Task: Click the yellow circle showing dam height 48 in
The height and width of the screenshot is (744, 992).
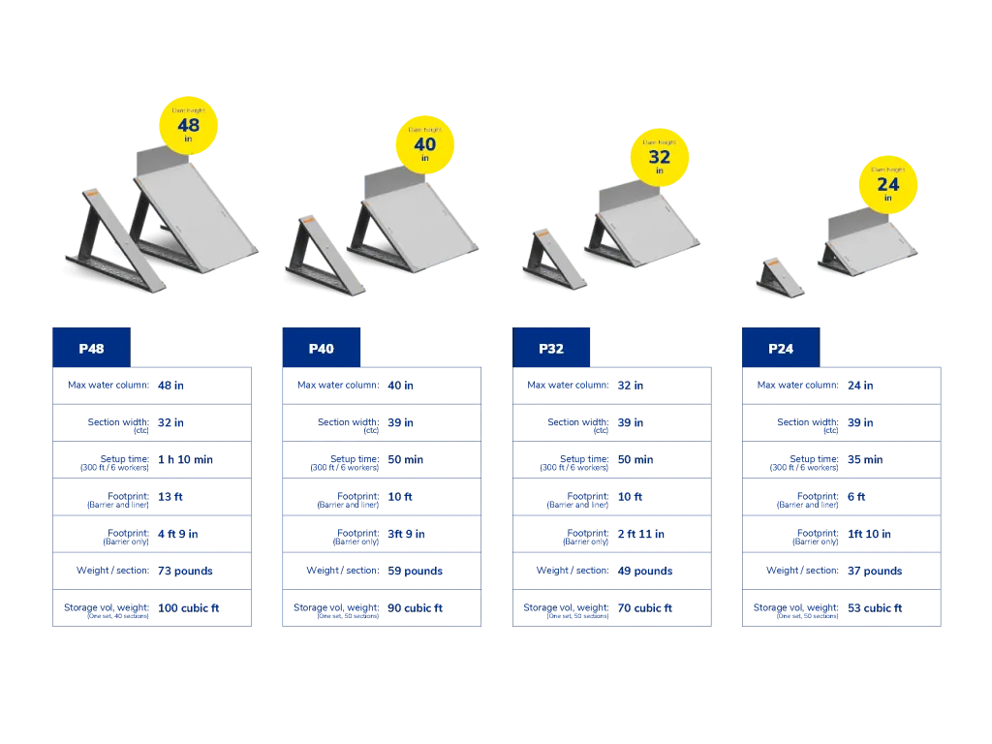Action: pos(188,126)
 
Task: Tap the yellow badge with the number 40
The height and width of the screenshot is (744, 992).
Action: pos(424,145)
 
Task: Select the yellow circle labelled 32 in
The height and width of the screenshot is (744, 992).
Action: pos(659,157)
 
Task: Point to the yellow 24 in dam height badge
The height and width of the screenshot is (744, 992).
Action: pos(887,184)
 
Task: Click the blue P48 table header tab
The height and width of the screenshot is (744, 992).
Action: pos(91,348)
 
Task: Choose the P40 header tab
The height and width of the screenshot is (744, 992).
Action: pos(322,348)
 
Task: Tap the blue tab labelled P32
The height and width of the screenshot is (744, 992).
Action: pos(551,348)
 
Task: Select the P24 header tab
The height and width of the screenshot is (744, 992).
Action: pos(781,348)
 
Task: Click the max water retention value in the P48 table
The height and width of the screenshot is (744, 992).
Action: pos(171,387)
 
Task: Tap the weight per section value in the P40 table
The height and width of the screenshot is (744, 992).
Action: pos(418,572)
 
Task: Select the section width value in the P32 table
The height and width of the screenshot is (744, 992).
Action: pos(630,423)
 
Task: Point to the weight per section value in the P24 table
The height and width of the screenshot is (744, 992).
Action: pos(876,572)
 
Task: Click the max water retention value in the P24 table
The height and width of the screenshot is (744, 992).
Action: pos(861,387)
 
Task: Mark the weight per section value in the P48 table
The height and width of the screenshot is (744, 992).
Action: pos(186,572)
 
